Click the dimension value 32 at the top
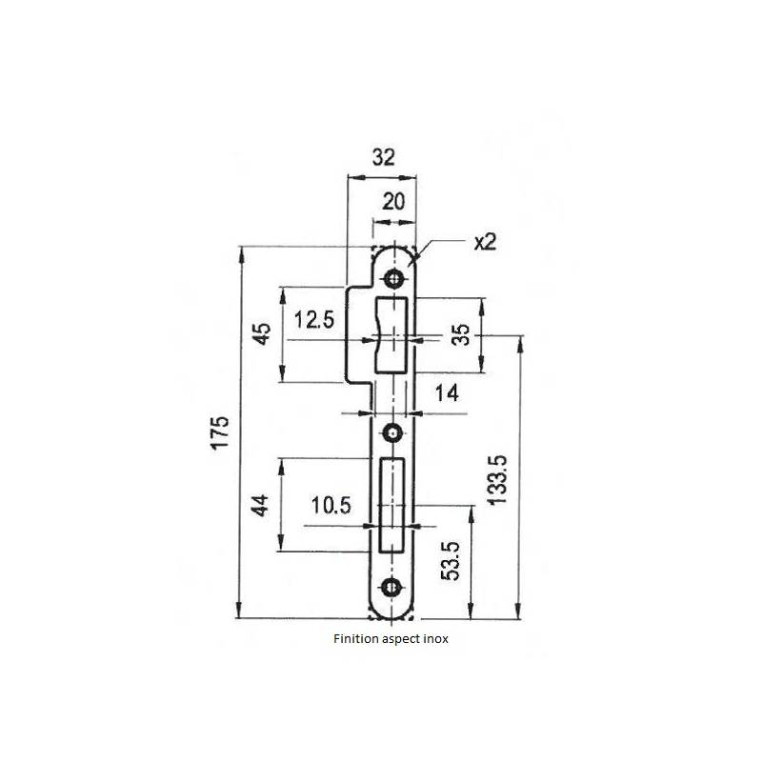click(x=384, y=158)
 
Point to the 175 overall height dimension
click(x=220, y=433)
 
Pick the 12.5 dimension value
click(x=314, y=320)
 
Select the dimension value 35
click(x=459, y=334)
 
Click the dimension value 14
click(x=446, y=391)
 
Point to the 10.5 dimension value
click(x=331, y=506)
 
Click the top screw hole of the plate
click(x=392, y=278)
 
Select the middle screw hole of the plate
click(x=392, y=434)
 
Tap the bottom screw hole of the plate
click(x=392, y=587)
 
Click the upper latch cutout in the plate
click(x=393, y=334)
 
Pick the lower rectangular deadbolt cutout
click(x=393, y=505)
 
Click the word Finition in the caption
click(x=354, y=640)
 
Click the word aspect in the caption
click(x=398, y=641)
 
